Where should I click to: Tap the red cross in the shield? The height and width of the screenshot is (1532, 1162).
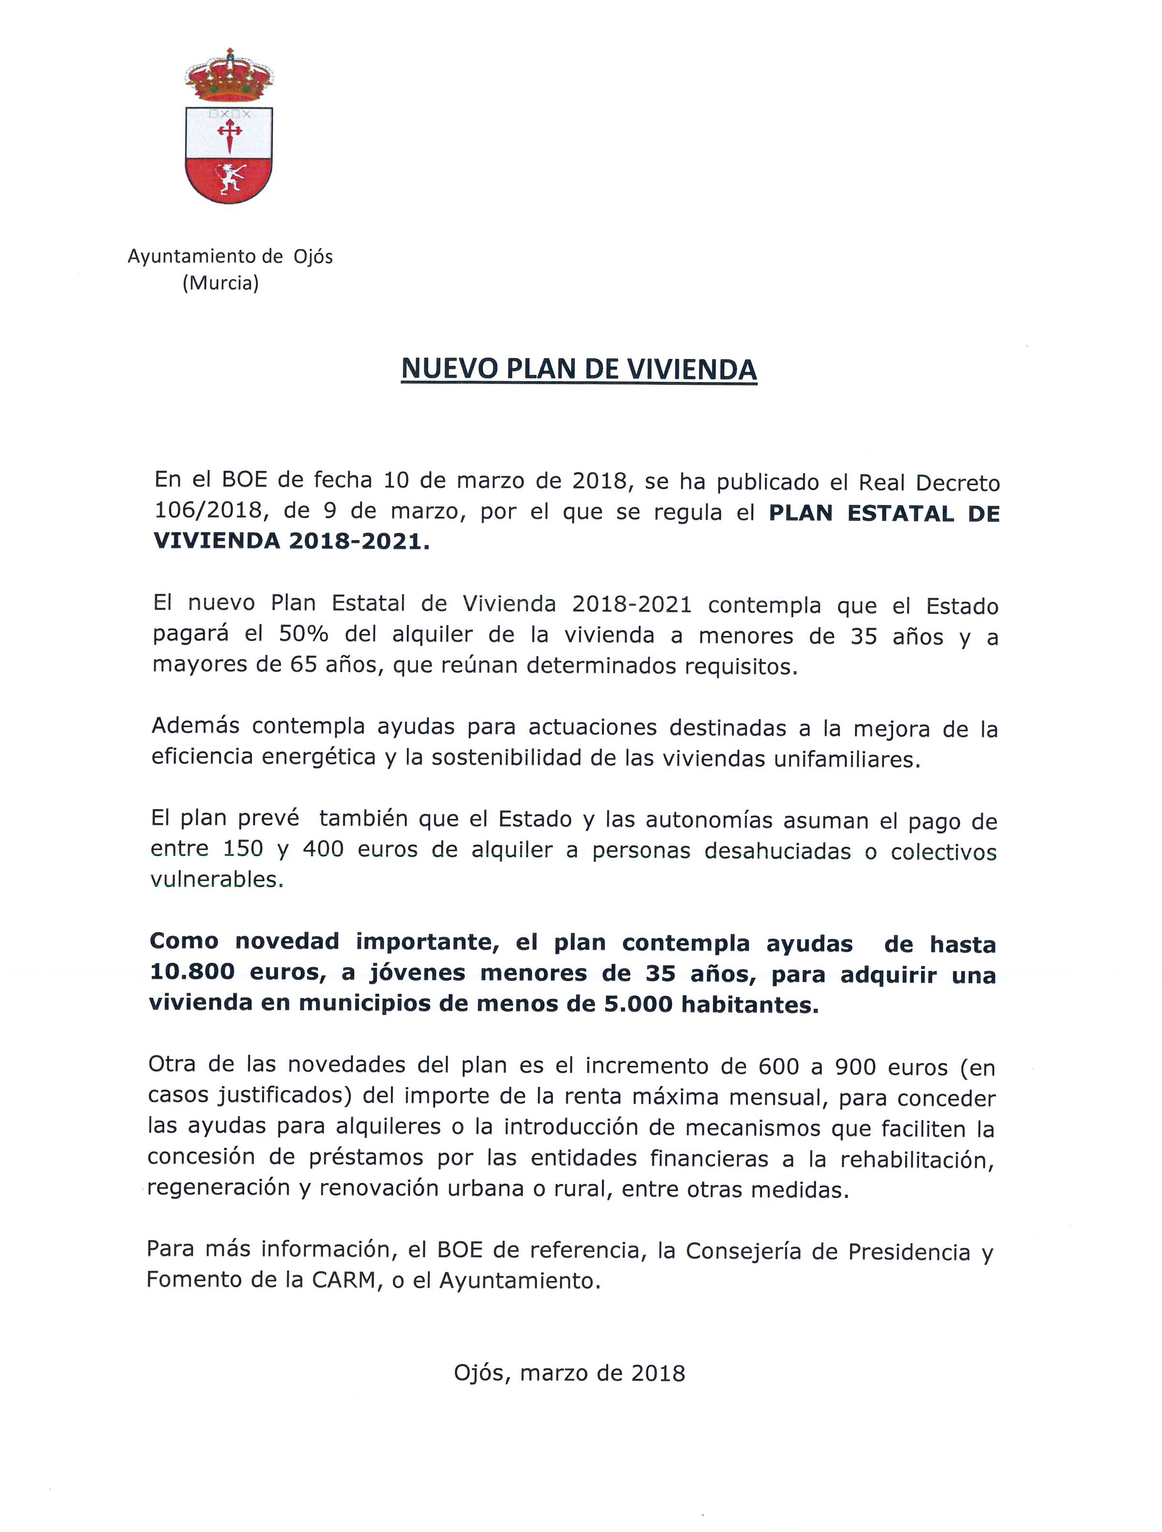[x=229, y=134]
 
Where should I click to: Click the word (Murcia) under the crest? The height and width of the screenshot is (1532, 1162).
[x=220, y=283]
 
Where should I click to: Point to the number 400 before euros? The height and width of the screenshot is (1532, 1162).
[x=323, y=849]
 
